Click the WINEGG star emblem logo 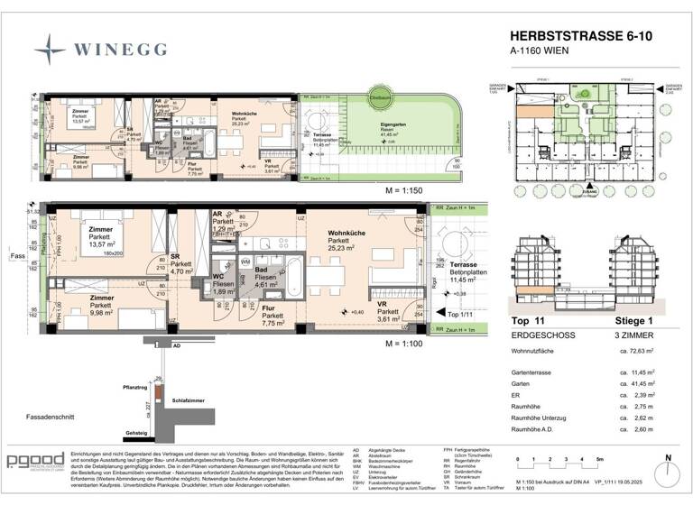tap(48, 45)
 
